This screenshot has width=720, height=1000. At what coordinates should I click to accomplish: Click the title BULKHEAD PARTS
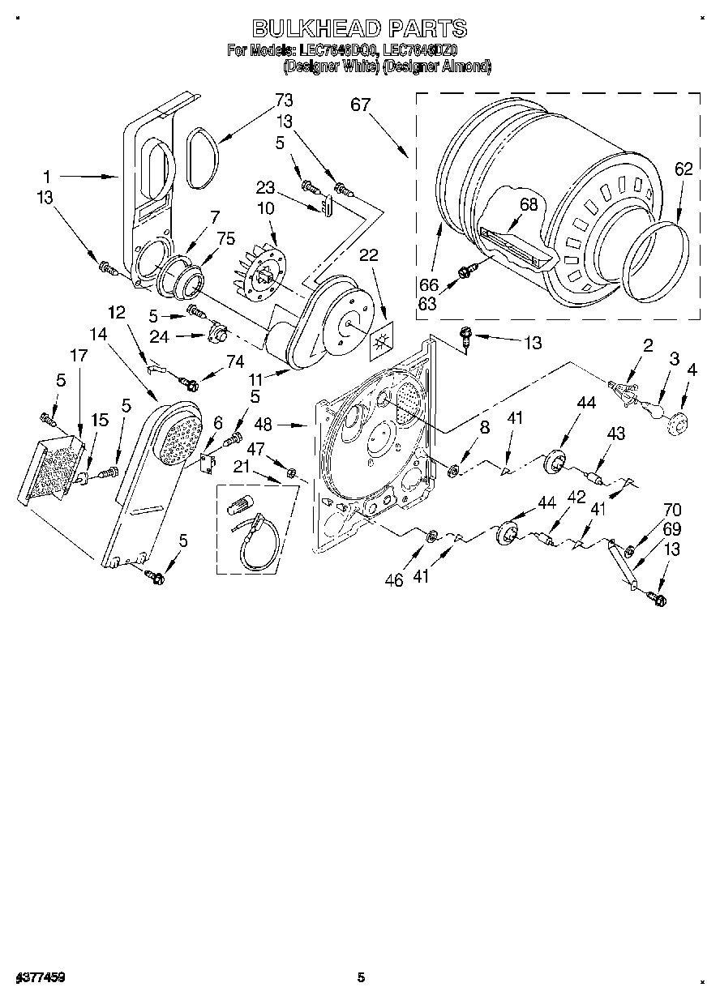tap(359, 28)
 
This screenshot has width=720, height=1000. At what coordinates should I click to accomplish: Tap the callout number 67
tap(361, 105)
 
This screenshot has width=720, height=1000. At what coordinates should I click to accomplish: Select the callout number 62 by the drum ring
tap(684, 169)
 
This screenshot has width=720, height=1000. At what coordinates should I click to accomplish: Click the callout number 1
tap(47, 176)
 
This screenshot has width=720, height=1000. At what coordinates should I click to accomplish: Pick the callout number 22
tap(369, 254)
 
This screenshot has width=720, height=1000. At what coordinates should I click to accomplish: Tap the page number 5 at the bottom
tap(361, 978)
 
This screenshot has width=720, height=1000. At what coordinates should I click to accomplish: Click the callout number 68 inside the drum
tap(529, 205)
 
